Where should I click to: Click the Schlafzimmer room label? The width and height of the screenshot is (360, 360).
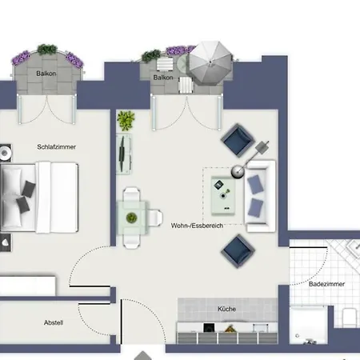[51, 147]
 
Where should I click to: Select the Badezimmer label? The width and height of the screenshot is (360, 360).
[325, 283]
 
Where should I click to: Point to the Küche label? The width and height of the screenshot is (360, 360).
[226, 308]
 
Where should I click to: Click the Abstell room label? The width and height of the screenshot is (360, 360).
[54, 322]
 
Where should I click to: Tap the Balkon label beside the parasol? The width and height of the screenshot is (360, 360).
[164, 77]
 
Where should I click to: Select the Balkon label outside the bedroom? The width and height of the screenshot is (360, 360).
[46, 74]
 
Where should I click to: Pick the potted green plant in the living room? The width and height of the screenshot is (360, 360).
[125, 121]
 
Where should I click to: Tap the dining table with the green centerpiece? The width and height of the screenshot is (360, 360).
[133, 215]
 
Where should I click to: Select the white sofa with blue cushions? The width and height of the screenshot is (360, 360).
[259, 195]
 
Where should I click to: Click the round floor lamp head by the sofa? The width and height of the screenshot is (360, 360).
[237, 170]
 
